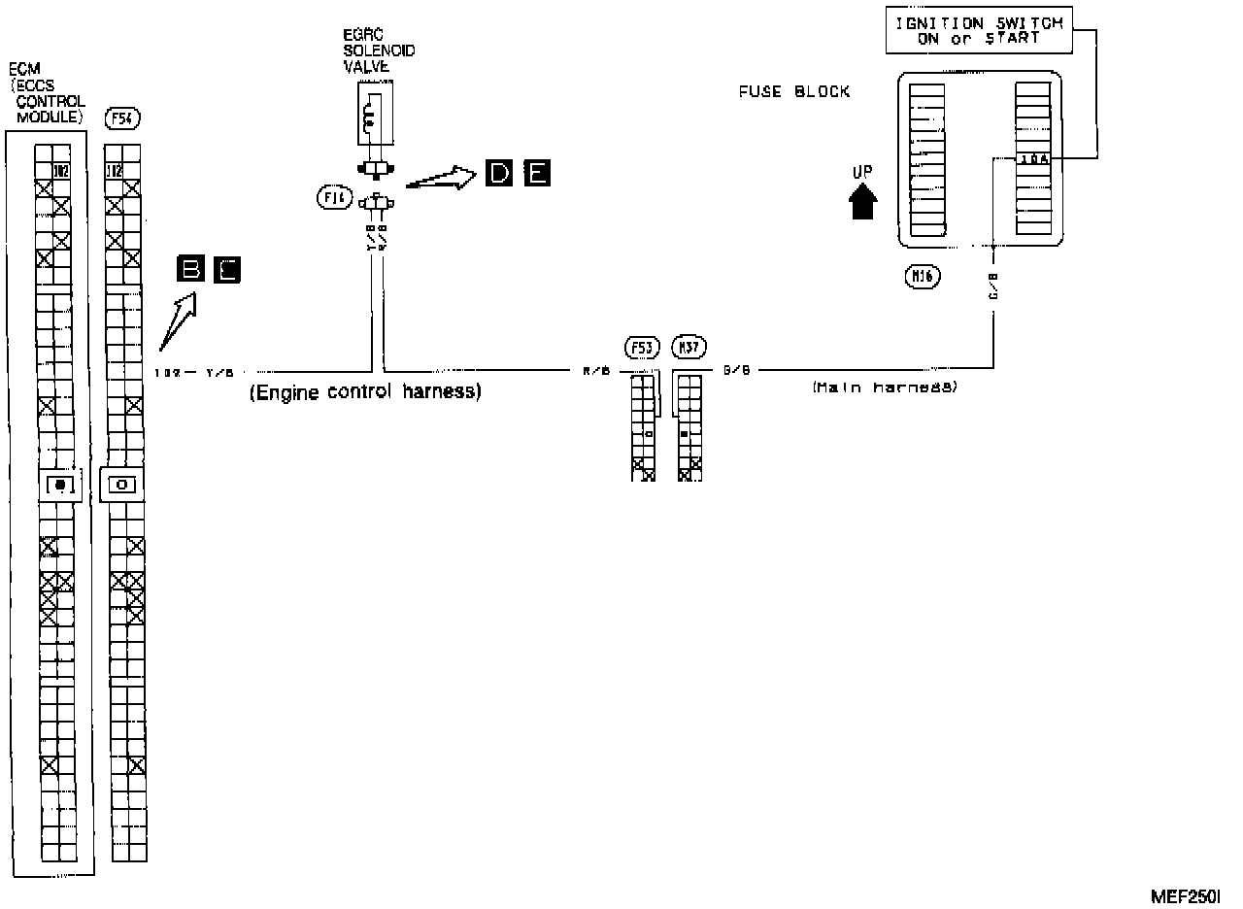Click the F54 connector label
[122, 118]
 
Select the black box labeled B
[190, 269]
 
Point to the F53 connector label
[643, 347]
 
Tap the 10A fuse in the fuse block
[1032, 158]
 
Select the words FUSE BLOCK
[794, 92]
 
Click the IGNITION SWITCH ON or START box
[978, 31]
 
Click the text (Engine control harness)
[365, 393]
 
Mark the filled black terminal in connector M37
[684, 433]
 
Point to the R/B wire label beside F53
[595, 370]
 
